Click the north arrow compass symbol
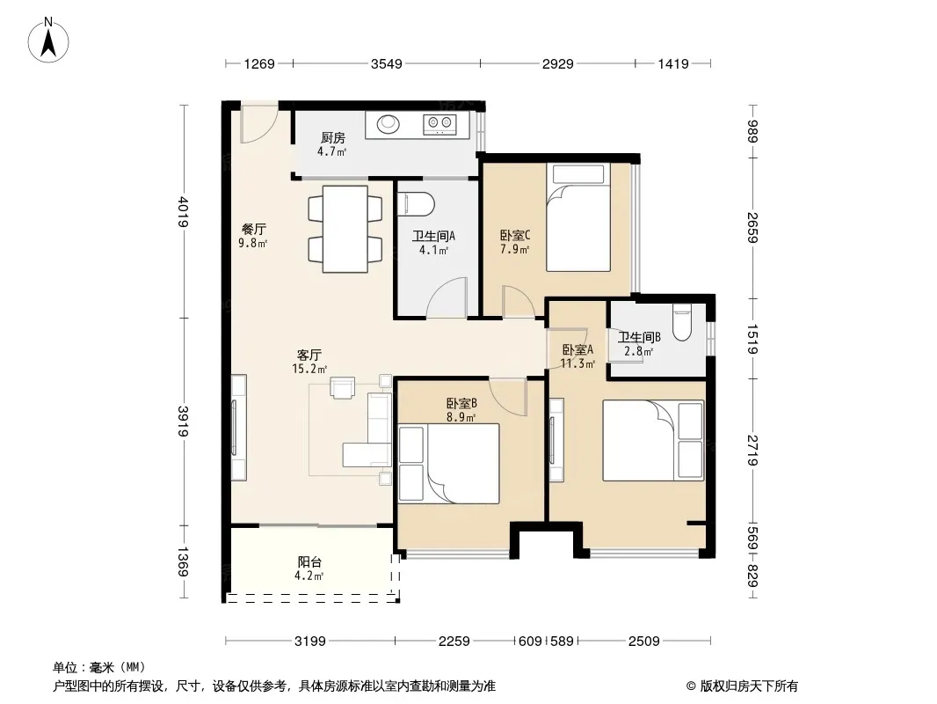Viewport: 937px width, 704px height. tap(48, 40)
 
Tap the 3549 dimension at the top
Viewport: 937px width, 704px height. tap(386, 63)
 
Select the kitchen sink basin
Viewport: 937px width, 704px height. tap(389, 124)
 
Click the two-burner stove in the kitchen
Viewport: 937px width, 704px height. tap(439, 124)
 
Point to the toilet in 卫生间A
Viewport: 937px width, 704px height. tap(415, 203)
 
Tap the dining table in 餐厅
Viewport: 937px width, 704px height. tap(345, 229)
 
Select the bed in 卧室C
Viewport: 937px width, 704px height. tap(578, 217)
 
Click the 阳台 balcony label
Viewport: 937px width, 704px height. tap(309, 561)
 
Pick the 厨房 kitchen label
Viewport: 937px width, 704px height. tap(333, 137)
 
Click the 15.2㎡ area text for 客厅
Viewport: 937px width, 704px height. tap(309, 369)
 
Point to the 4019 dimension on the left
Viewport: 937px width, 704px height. tap(183, 212)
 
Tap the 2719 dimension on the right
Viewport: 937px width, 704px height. tap(752, 451)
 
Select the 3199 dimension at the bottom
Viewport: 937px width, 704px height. tap(310, 642)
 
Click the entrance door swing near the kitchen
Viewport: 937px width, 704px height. tap(258, 124)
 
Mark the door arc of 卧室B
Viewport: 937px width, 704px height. tap(508, 397)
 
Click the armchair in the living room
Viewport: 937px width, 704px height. tap(343, 387)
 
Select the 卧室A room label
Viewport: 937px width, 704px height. tap(577, 349)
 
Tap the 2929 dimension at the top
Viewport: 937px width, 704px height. tap(557, 63)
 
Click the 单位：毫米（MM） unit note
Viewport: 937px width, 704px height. tap(99, 667)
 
